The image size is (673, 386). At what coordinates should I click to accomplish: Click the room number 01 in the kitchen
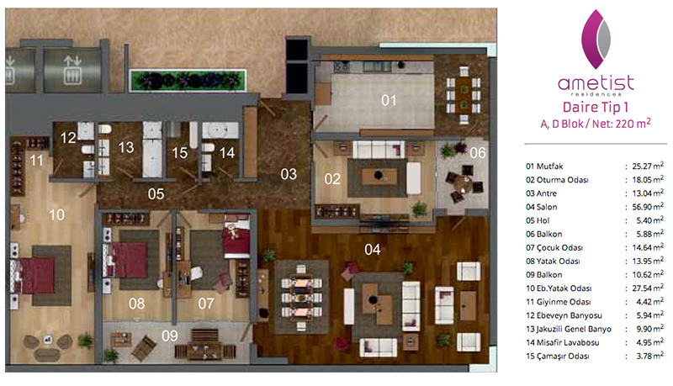point(389,100)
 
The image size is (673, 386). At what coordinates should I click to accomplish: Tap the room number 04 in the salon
point(372,249)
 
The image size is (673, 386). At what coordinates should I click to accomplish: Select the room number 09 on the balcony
point(170,336)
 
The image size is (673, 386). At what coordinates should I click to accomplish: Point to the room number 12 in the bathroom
point(68,138)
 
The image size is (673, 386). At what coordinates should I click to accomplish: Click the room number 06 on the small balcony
point(477,153)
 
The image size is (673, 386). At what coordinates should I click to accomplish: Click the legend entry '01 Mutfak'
point(544,166)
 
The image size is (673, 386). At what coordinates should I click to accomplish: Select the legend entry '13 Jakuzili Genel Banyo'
point(569,329)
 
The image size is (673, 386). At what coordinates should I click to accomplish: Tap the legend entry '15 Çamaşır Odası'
point(557,356)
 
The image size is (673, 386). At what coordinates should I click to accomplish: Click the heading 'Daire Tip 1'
point(595,107)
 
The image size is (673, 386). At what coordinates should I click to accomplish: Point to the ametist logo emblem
point(596,39)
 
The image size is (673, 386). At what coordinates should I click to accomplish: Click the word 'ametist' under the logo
point(596,82)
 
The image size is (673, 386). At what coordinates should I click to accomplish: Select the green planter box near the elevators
point(188,81)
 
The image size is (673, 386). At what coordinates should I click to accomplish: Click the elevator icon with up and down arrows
point(72,69)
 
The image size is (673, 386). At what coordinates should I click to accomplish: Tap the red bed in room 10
point(35,275)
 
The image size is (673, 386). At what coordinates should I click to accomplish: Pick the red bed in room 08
point(127,260)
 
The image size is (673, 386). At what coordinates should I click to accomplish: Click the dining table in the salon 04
point(301,297)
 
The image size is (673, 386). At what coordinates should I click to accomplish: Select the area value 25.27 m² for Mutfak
point(648,166)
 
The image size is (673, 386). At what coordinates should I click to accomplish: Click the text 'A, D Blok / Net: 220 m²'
point(596,124)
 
